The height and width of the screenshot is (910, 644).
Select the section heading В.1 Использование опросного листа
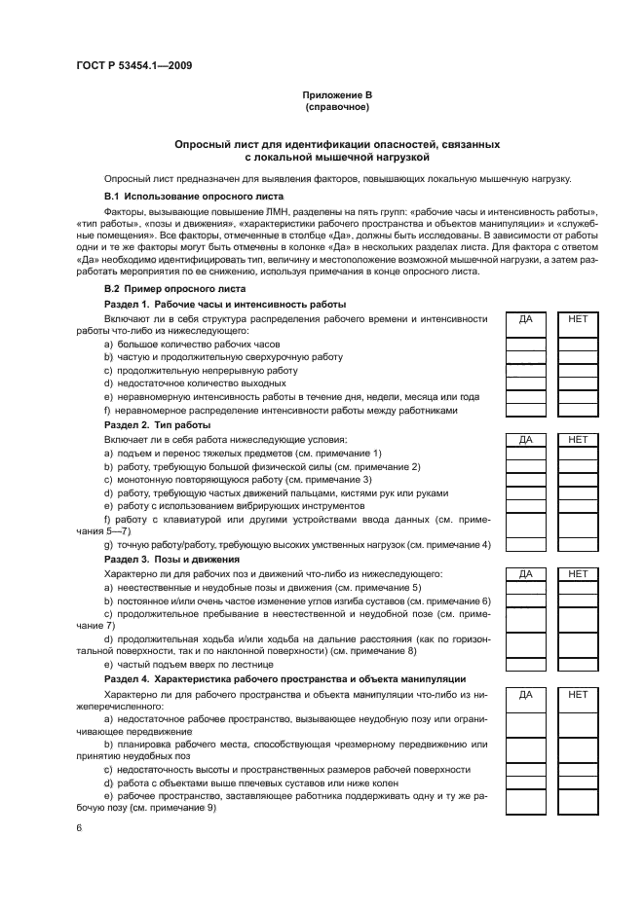(x=187, y=195)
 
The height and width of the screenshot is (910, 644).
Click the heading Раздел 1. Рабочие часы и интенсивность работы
(x=225, y=304)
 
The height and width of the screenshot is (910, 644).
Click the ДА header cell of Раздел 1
(x=526, y=318)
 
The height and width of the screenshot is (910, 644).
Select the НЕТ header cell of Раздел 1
(x=577, y=318)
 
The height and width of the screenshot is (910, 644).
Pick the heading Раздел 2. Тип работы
(x=158, y=425)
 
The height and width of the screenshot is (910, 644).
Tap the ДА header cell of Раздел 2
(x=526, y=440)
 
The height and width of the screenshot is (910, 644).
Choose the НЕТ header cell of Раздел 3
(x=577, y=574)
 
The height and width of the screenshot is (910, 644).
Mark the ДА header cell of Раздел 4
(x=526, y=695)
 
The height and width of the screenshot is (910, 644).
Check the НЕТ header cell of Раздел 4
(x=577, y=695)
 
